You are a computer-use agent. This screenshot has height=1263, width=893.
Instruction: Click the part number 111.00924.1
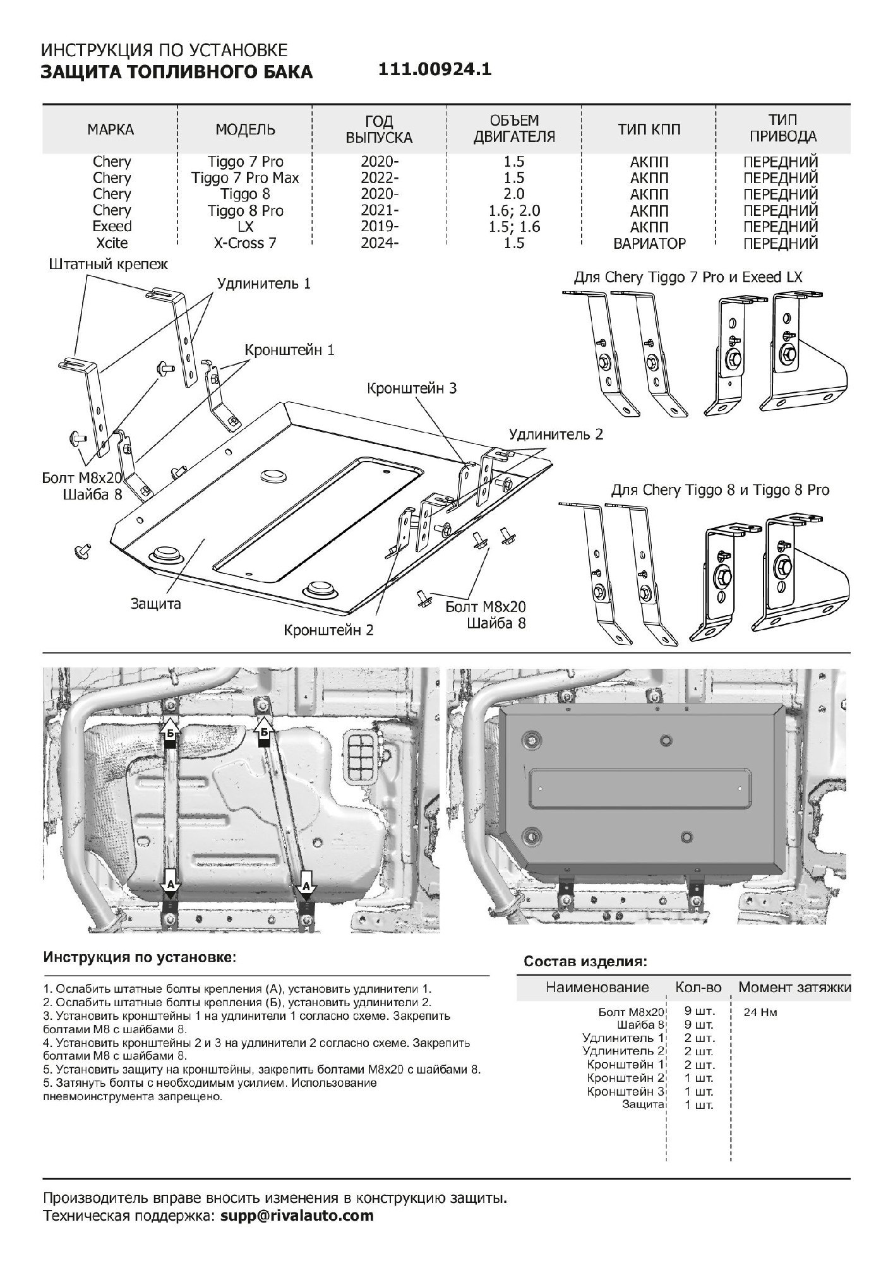pos(435,69)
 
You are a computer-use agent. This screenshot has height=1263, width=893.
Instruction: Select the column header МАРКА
pos(111,129)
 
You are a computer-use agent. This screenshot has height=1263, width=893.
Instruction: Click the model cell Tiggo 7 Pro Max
pos(245,178)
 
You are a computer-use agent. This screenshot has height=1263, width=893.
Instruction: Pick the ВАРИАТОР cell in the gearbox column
pos(649,243)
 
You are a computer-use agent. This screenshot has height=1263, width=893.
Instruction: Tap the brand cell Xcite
pos(112,243)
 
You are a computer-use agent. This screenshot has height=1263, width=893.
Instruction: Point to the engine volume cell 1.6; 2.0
pos(515,211)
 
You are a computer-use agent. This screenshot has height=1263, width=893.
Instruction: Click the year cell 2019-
pos(380,227)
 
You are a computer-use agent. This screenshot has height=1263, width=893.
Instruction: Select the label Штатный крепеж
pos(109,264)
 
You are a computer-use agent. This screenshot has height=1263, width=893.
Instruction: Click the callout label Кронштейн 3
pos(411,388)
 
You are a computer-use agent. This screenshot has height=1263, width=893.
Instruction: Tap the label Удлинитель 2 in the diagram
pos(556,434)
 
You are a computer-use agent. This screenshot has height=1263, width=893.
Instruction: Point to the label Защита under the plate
pos(155,604)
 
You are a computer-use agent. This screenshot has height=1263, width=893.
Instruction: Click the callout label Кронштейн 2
pos(328,630)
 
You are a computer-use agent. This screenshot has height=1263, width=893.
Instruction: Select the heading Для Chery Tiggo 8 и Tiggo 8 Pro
pos(720,490)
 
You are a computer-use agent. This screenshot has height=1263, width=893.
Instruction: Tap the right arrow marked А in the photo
pos(306,883)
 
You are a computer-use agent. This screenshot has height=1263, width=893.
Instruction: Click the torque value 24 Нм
pos(760,1012)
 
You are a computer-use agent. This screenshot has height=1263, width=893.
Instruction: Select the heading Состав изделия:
pos(585,962)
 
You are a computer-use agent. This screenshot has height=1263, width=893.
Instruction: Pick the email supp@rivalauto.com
pos(297,1215)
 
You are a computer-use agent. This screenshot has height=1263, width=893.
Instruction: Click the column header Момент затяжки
pos(794,987)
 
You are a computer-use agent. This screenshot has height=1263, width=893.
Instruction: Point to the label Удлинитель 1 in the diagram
pos(264,283)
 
